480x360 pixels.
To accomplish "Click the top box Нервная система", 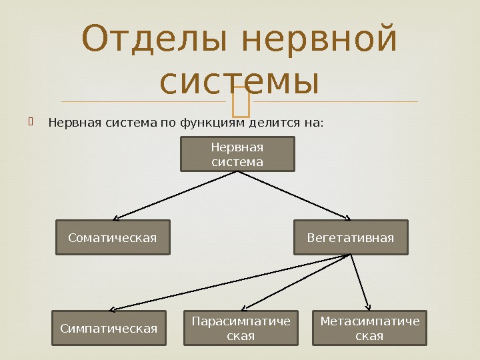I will point(237,154).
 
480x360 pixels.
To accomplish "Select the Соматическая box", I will point(113,237).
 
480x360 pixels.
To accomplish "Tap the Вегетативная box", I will point(351,237).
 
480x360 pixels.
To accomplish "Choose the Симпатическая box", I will point(109,328).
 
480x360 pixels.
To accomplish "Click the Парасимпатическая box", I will point(241,328).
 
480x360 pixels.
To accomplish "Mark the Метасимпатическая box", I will point(370,328).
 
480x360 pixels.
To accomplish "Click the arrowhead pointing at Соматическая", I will point(116,217).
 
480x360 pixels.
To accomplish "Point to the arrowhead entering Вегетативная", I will point(347,217).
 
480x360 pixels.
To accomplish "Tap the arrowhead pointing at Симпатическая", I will point(112,309).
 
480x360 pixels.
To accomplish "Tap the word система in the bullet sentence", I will point(130,123).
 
